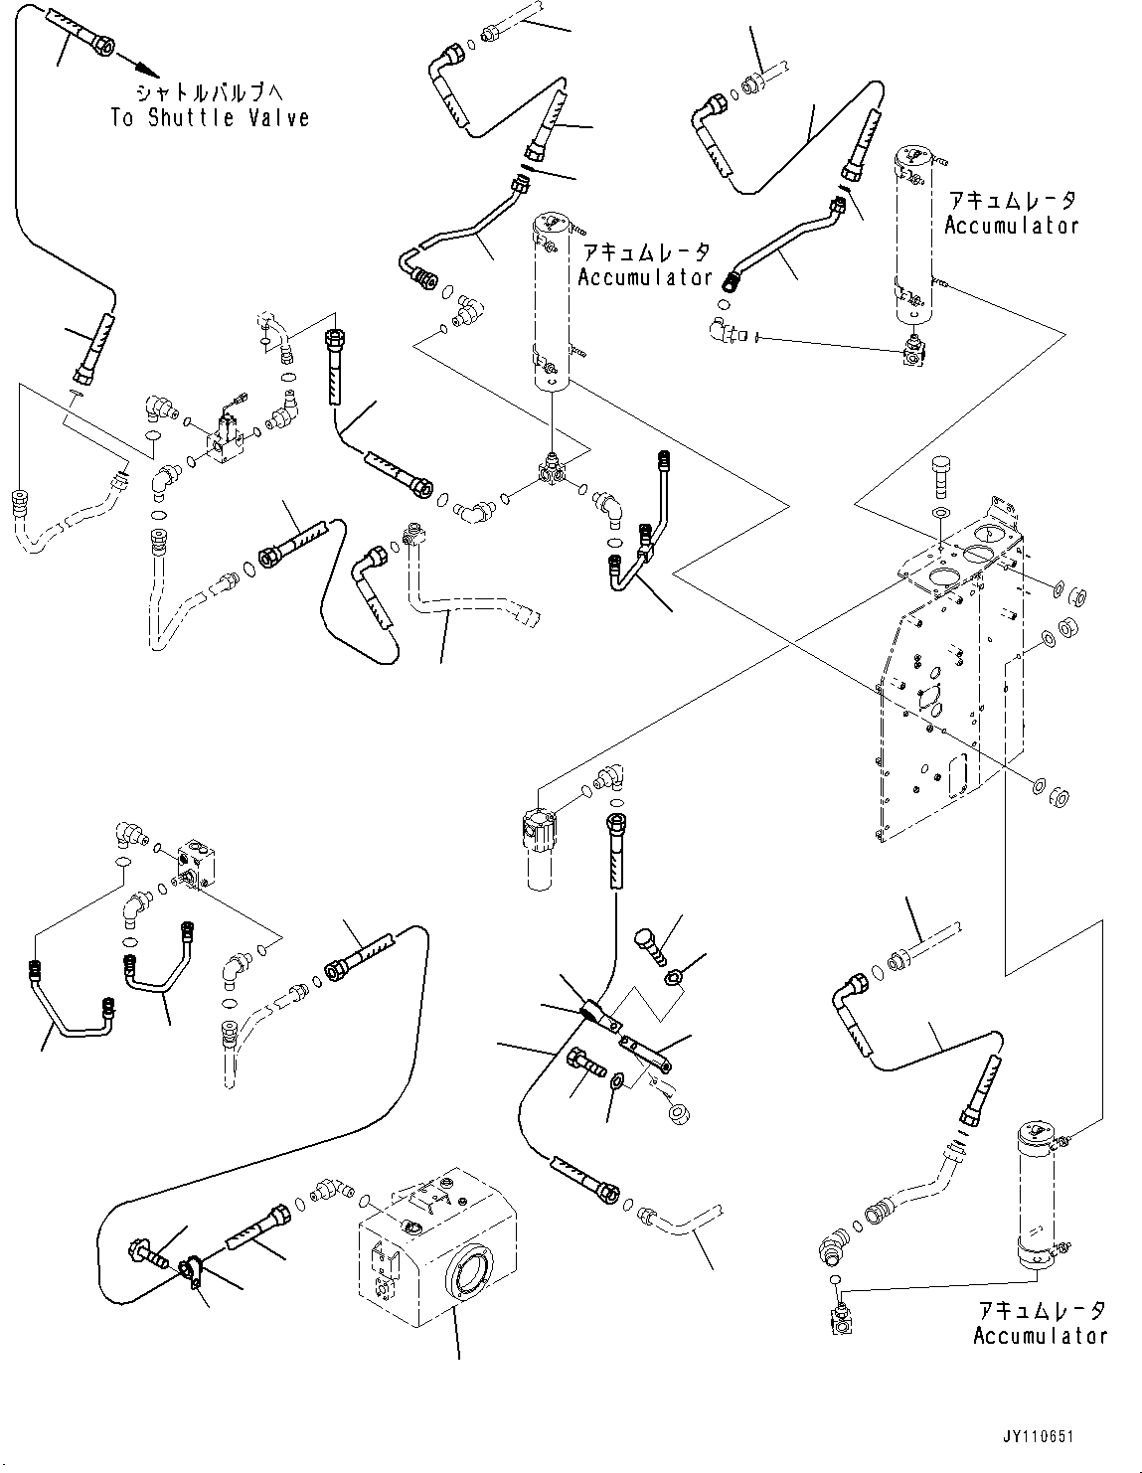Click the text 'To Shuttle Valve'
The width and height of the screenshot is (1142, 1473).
(210, 118)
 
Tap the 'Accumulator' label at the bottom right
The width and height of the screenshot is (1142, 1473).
(1040, 1337)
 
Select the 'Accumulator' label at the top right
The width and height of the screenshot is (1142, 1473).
(1011, 226)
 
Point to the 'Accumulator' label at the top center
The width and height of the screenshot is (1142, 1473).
(645, 277)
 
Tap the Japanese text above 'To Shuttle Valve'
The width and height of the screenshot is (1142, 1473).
(210, 92)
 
